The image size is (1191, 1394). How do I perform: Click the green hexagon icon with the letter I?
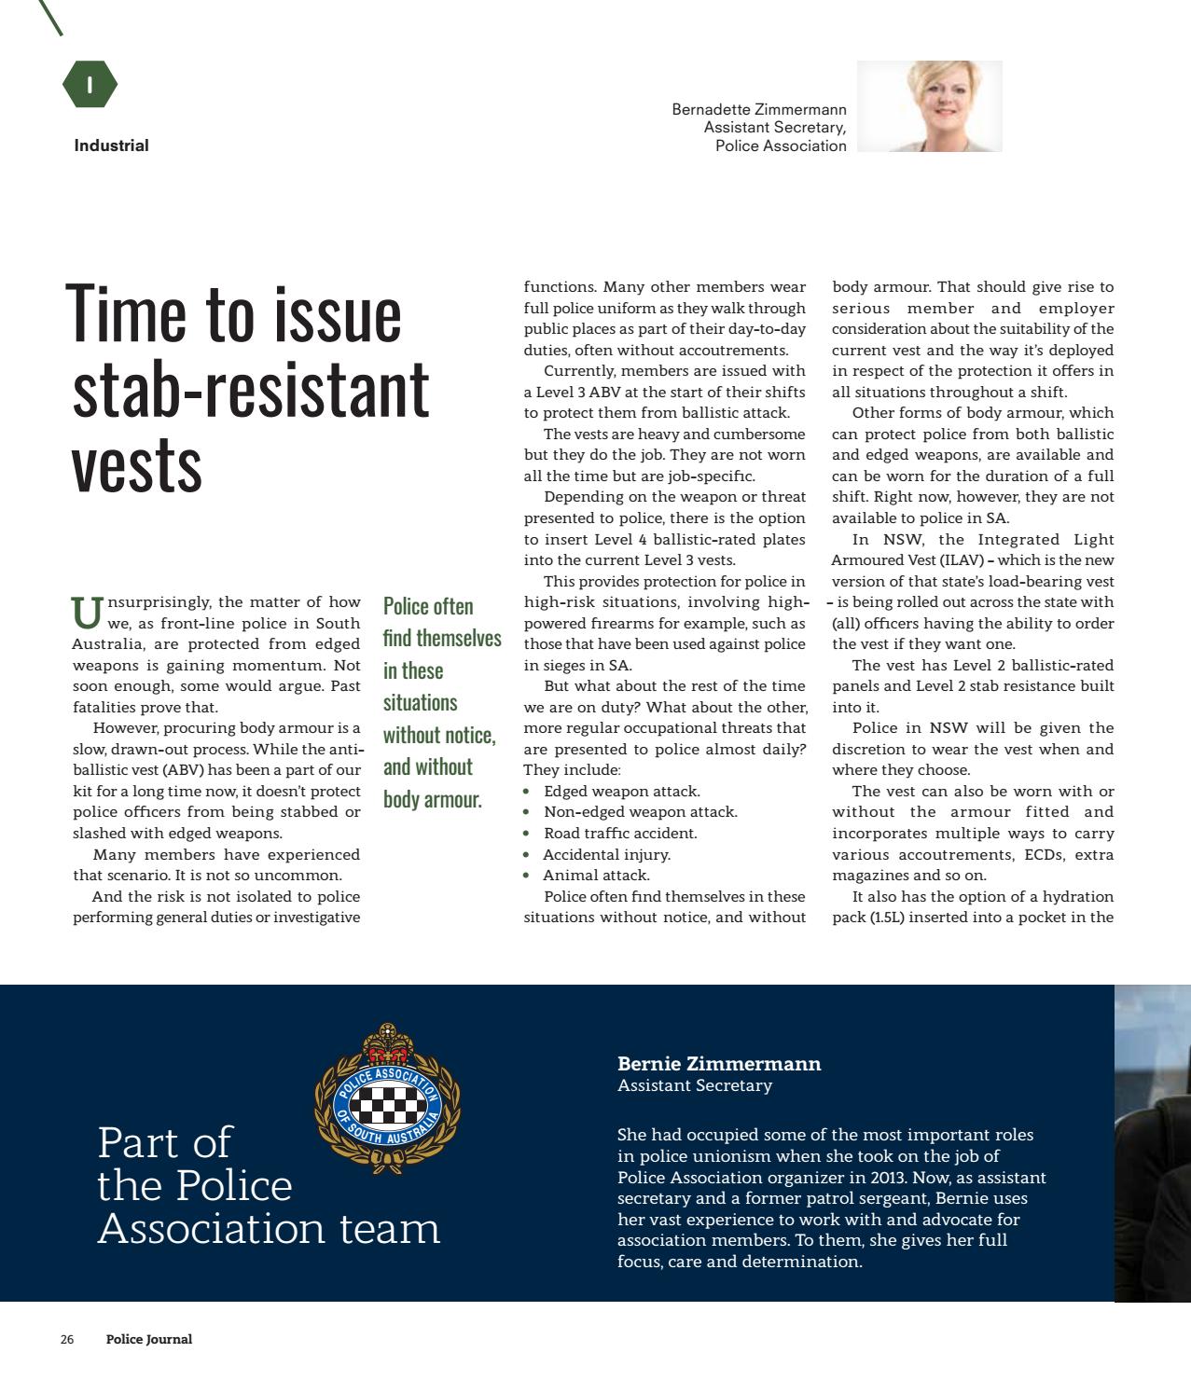90,85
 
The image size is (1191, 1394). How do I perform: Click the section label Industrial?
111,145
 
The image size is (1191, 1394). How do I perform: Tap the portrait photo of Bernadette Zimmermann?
929,106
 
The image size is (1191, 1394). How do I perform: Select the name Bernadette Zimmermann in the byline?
758,109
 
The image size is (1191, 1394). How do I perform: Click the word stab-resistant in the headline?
250,389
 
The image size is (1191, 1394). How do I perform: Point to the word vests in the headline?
136,464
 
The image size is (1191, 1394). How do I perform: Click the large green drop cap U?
87,613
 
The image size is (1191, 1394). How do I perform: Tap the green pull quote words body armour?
432,799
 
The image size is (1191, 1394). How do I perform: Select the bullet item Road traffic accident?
619,833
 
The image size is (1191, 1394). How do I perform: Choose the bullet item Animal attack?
596,875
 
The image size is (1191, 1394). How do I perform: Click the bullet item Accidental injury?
606,854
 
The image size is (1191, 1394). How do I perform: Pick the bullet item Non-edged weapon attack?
640,812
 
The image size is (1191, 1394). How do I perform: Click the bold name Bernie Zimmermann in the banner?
719,1064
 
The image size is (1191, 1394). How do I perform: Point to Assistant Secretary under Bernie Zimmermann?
695,1085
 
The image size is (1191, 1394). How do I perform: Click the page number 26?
67,1340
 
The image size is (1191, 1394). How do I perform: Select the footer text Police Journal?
149,1340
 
